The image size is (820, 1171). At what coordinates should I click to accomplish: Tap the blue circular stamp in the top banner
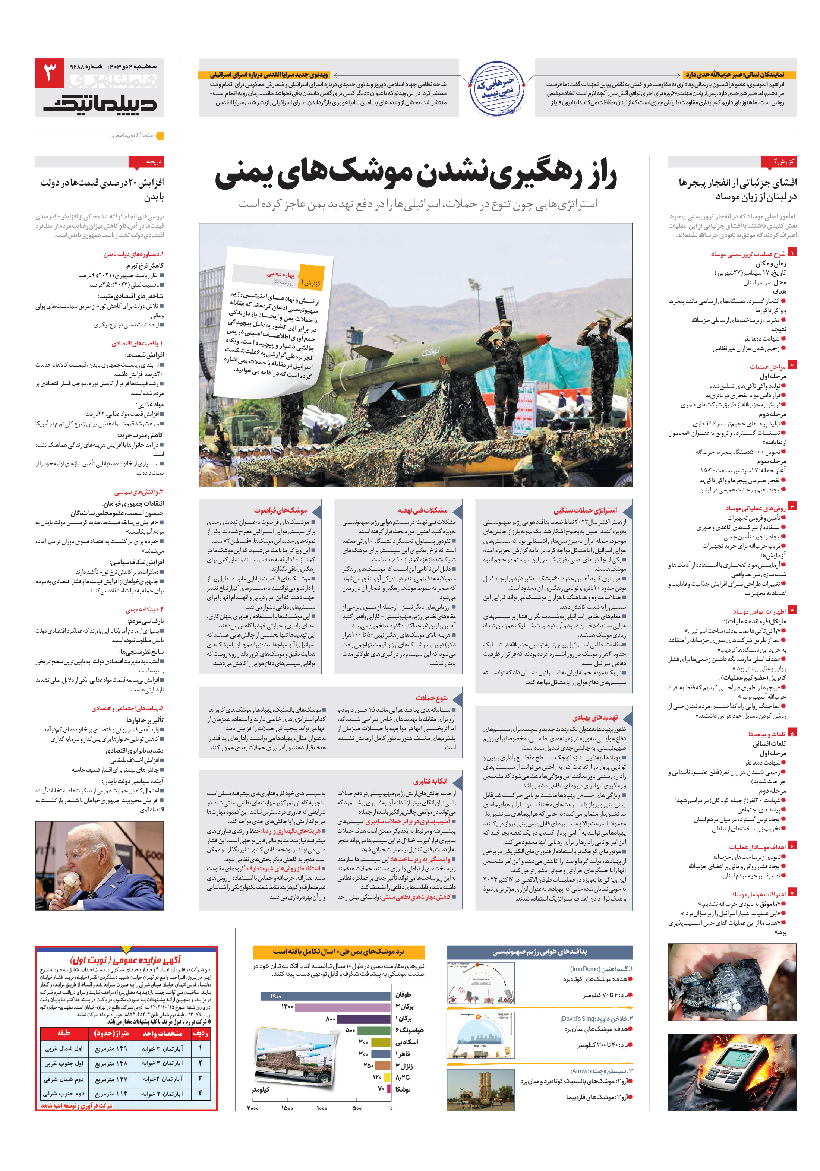(x=496, y=88)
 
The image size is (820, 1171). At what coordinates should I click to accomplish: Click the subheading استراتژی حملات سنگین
(x=585, y=510)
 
